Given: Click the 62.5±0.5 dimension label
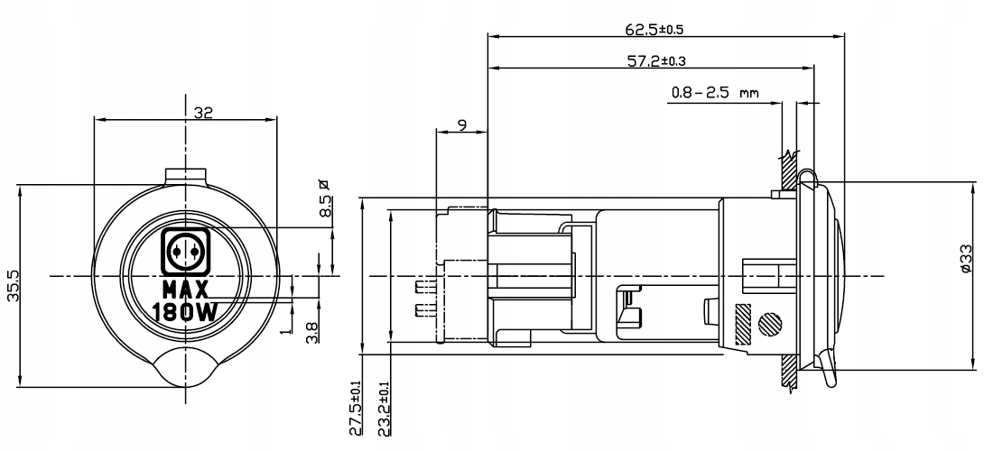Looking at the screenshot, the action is [654, 29].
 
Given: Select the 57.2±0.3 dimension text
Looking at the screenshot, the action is [656, 61].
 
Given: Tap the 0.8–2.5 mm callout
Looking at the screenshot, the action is [715, 94].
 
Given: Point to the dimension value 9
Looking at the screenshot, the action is [461, 124].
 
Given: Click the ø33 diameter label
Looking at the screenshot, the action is [965, 259].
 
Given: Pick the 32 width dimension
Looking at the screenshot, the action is [203, 113].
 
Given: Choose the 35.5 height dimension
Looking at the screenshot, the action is [13, 285].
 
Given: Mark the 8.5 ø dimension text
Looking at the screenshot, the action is [324, 198].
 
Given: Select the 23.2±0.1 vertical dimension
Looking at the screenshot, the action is [383, 408].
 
